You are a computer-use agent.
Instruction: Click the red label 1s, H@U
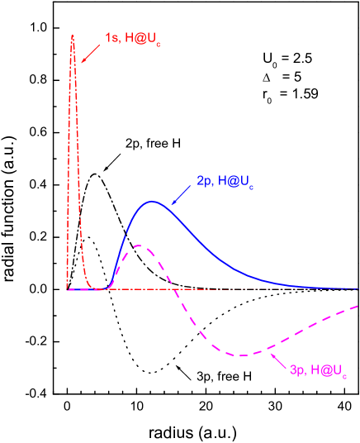point(132,39)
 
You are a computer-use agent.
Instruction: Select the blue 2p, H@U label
point(225,181)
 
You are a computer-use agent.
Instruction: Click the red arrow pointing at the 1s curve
point(90,52)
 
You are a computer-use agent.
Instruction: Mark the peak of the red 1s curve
point(73,36)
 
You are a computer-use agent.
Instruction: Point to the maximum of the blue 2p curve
point(152,201)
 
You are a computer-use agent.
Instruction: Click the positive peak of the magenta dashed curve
point(138,245)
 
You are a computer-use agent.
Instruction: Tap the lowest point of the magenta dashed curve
point(242,355)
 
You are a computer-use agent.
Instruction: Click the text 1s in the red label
point(111,38)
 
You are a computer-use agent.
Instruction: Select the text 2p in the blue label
point(204,180)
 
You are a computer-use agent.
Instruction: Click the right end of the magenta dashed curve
point(357,307)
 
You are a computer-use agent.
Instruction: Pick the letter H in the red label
point(130,38)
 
